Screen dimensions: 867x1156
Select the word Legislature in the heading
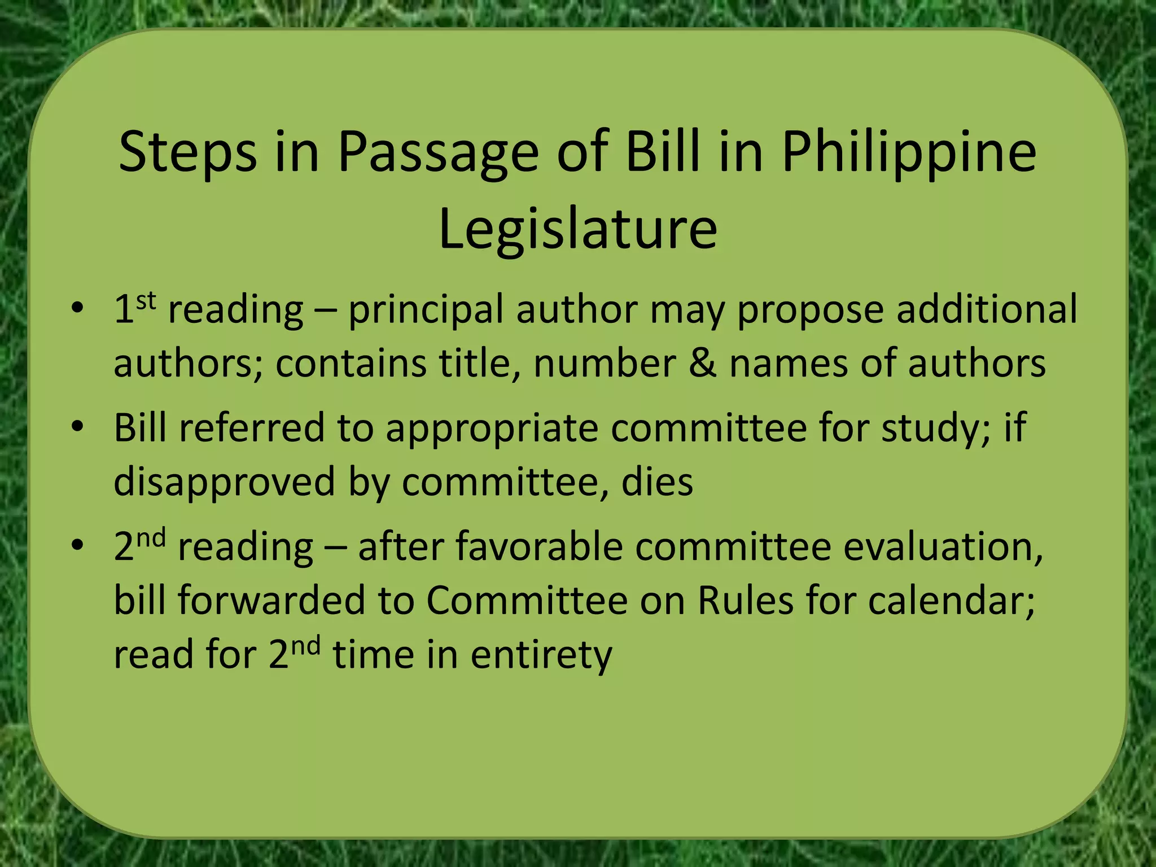click(578, 229)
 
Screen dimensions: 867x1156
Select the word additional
click(987, 309)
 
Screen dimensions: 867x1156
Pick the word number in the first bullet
click(605, 362)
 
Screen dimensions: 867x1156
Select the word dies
click(657, 481)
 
